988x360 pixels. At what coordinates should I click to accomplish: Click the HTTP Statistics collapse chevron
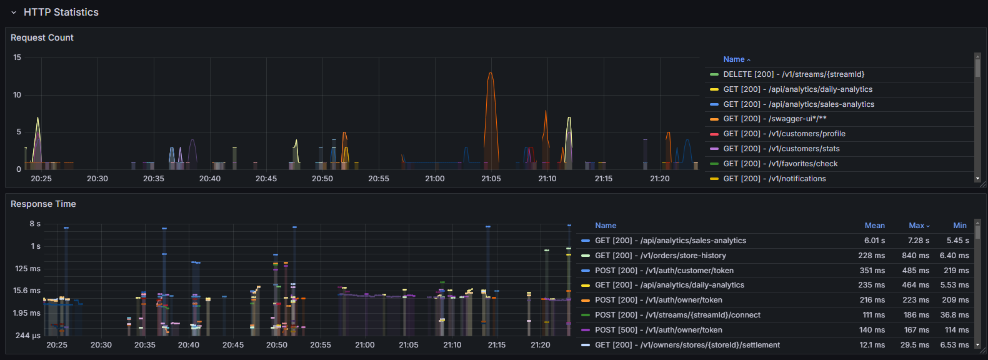click(x=14, y=12)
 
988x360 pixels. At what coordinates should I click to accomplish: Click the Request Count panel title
click(x=42, y=37)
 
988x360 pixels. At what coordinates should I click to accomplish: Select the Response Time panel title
click(x=43, y=204)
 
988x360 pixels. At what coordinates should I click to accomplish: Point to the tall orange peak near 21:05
click(x=491, y=73)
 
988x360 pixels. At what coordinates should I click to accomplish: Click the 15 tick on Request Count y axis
click(x=17, y=57)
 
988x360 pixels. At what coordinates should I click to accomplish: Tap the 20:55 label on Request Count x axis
click(x=379, y=179)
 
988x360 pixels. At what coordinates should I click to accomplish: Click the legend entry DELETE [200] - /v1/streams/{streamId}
click(x=794, y=74)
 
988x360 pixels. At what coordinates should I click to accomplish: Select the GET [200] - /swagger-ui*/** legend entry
click(x=774, y=119)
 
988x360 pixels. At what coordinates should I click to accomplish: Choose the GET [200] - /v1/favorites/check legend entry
click(x=781, y=164)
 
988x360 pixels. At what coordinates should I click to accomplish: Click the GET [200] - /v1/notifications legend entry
click(x=774, y=179)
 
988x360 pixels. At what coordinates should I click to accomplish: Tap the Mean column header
click(x=875, y=226)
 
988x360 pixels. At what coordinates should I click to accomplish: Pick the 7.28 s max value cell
click(x=918, y=241)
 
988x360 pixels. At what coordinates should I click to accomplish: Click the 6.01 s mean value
click(x=874, y=241)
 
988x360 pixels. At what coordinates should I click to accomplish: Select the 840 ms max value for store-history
click(x=916, y=256)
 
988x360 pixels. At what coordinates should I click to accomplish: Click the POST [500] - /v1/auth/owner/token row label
click(x=659, y=330)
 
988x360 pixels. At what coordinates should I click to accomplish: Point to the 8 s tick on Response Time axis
click(x=35, y=224)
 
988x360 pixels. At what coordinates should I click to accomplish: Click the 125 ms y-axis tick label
click(x=27, y=269)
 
